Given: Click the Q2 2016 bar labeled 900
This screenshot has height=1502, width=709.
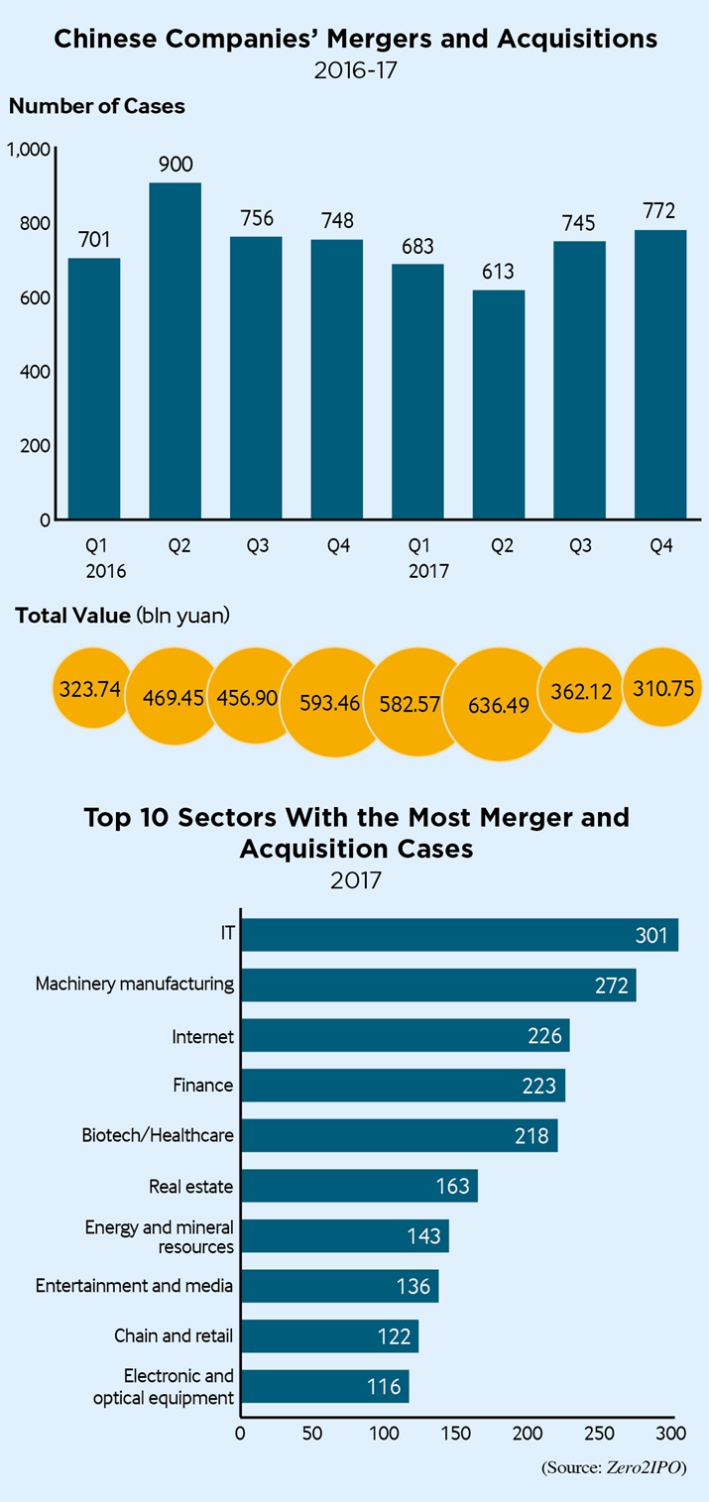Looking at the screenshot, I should pyautogui.click(x=175, y=351).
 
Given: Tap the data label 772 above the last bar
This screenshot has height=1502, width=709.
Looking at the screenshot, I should pyautogui.click(x=658, y=210).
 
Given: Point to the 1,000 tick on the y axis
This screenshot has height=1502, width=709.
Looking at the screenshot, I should pyautogui.click(x=28, y=150).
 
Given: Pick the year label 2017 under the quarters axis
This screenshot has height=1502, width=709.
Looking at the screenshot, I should pyautogui.click(x=429, y=572).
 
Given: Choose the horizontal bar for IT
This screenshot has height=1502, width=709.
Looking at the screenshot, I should pyautogui.click(x=459, y=935).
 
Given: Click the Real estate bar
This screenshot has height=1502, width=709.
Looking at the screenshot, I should pyautogui.click(x=359, y=1186).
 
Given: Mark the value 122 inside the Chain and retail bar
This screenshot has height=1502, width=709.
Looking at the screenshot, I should pyautogui.click(x=394, y=1336).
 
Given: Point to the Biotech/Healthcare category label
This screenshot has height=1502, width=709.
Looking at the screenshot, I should pyautogui.click(x=158, y=1135).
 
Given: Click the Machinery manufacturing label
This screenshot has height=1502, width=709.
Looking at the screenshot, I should pyautogui.click(x=135, y=984).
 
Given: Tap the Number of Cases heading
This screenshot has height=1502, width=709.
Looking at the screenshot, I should pyautogui.click(x=97, y=106).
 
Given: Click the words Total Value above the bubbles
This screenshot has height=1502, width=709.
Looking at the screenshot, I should pyautogui.click(x=72, y=616).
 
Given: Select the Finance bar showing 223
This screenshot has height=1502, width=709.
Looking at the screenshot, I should pyautogui.click(x=403, y=1086).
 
